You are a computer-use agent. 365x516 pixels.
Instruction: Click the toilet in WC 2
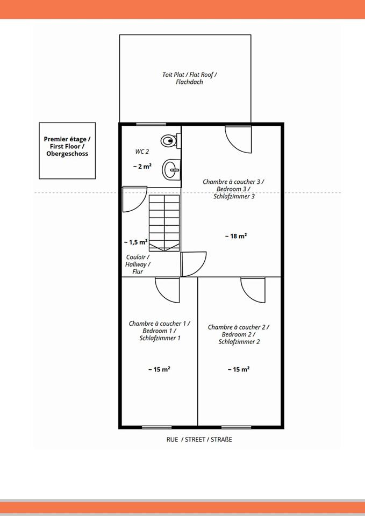[170, 141]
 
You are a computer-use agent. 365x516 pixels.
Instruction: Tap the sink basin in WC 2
[171, 169]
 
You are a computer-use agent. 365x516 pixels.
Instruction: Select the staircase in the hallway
[164, 223]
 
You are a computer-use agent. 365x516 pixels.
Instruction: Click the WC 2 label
[142, 152]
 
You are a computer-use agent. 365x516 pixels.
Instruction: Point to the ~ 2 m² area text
[142, 167]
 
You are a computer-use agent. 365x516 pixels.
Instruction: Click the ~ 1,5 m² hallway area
[135, 242]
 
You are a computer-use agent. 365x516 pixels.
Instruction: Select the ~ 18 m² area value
[236, 236]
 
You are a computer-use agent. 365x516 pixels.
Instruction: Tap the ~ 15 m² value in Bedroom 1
[159, 369]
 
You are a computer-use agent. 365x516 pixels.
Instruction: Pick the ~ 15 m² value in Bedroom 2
[238, 369]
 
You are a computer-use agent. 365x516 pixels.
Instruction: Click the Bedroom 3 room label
[233, 189]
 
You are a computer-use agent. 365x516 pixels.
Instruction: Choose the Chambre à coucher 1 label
[159, 324]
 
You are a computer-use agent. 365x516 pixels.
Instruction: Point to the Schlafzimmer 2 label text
[239, 342]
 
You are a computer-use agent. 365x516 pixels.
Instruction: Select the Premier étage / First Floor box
[67, 150]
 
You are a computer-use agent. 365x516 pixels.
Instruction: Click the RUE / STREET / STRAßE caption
[199, 439]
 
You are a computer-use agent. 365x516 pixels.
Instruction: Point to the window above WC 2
[151, 124]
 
